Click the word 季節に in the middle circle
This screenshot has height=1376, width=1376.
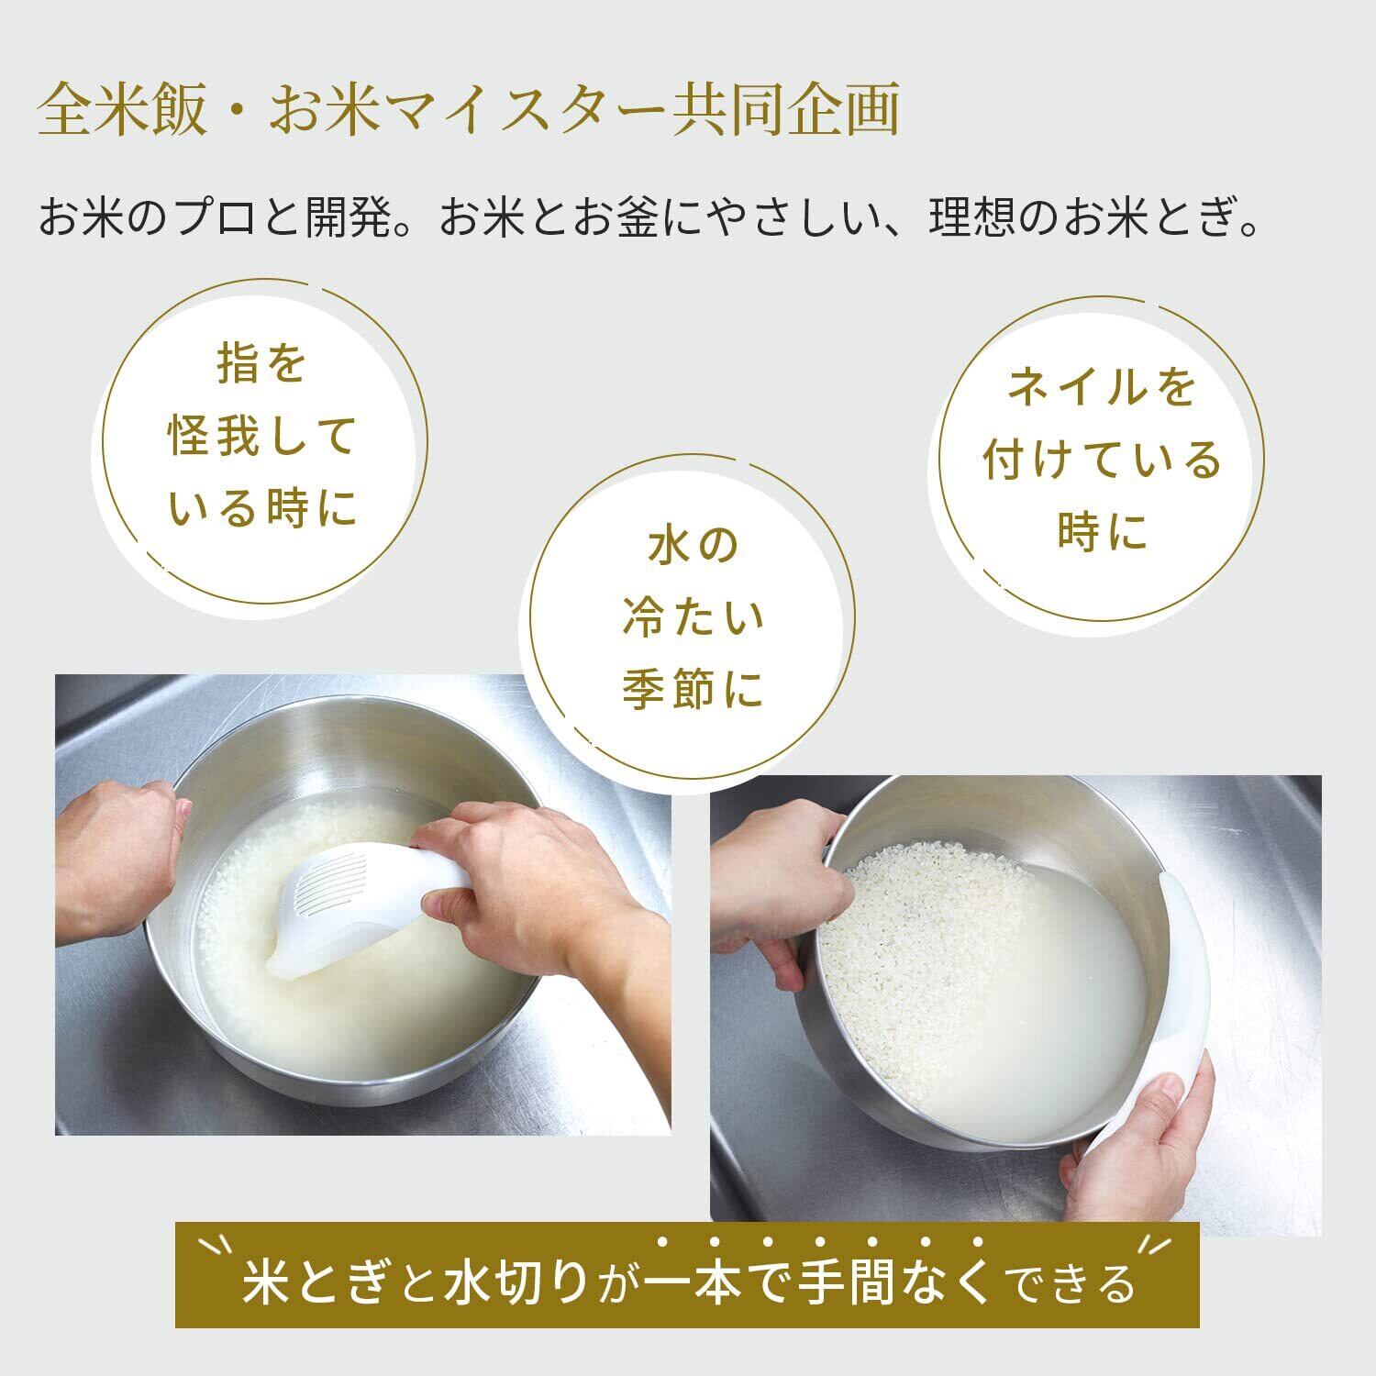tap(693, 690)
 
